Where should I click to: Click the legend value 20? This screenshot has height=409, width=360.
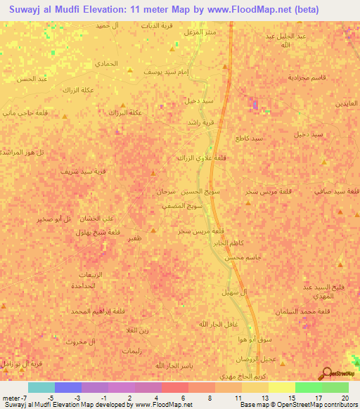pos(345,398)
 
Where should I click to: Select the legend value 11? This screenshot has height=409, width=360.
pos(238,398)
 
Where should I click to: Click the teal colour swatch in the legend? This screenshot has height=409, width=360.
pos(41,387)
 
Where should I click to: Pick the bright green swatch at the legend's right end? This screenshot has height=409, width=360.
pos(335,387)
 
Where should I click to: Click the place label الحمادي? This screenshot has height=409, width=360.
pos(108,63)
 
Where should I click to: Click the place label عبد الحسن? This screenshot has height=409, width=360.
pos(32,79)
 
